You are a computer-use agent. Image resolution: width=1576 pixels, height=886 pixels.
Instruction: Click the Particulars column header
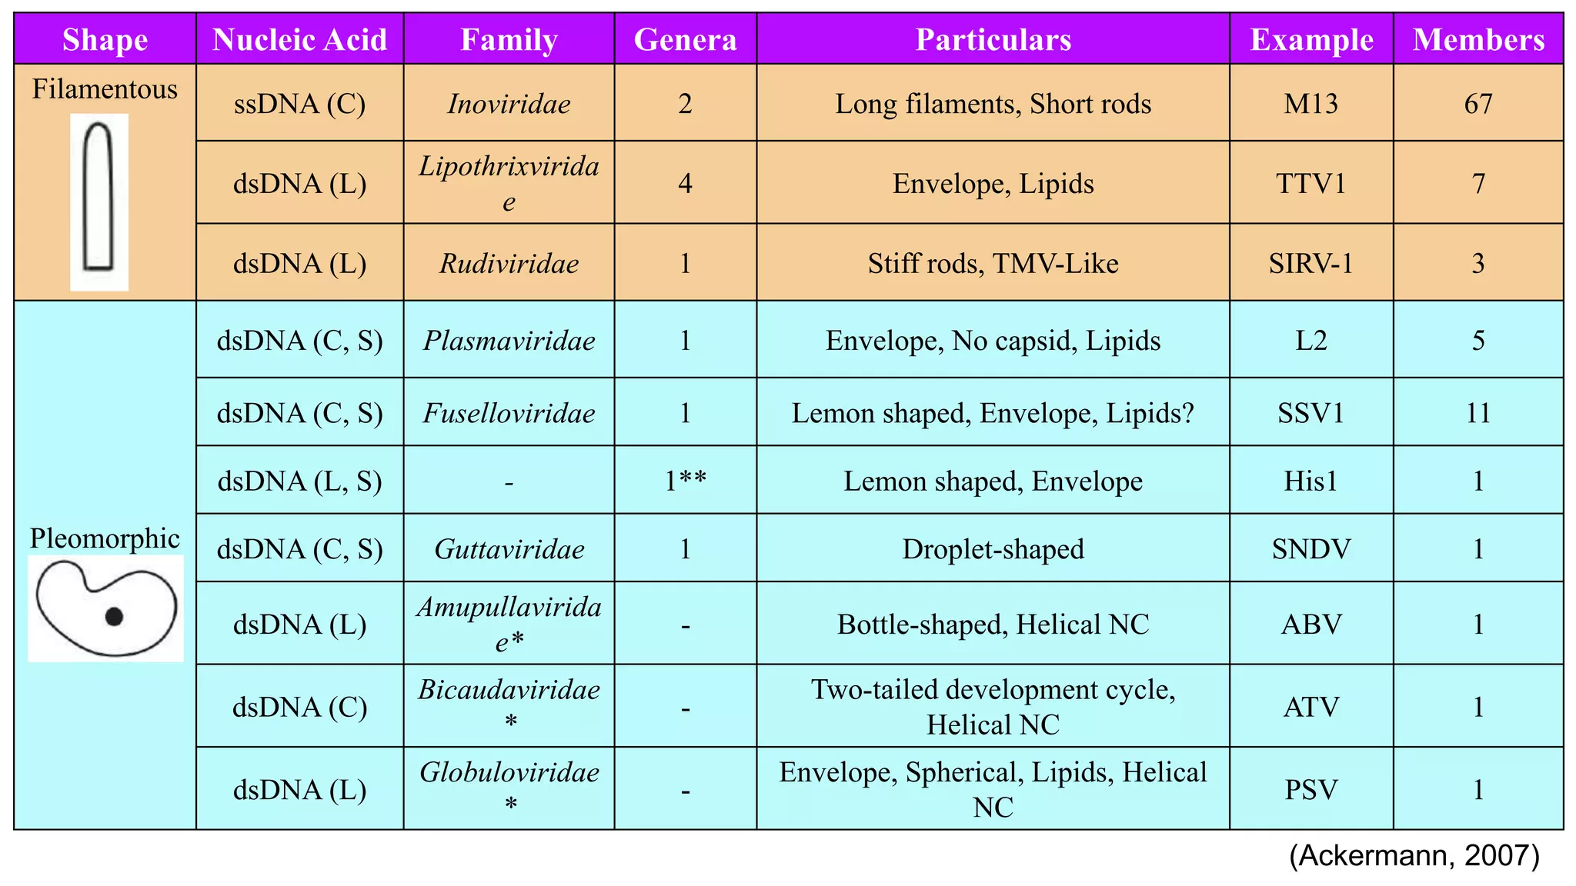click(993, 39)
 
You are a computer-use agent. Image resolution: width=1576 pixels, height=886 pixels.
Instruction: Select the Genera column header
click(685, 39)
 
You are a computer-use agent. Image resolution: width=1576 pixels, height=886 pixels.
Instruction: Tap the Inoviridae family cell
click(509, 104)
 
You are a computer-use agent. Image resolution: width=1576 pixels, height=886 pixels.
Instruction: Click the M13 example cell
click(1311, 104)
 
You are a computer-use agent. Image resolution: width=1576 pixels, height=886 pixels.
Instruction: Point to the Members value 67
click(1477, 104)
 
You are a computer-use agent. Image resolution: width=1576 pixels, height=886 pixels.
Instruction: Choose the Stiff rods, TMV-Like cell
click(993, 264)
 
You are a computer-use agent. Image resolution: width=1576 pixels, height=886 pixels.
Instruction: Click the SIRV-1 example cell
click(1311, 264)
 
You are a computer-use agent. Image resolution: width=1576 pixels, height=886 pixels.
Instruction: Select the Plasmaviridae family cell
click(509, 341)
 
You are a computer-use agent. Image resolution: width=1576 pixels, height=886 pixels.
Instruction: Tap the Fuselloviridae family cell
click(509, 413)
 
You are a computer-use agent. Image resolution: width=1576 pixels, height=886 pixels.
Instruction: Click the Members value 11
click(1477, 413)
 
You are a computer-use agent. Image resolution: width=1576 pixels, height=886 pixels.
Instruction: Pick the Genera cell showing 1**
click(685, 481)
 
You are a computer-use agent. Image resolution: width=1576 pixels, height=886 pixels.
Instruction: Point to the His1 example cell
click(1311, 481)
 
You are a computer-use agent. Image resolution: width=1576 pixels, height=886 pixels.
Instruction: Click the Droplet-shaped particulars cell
click(993, 549)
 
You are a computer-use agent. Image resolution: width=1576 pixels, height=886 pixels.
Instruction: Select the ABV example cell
click(1311, 624)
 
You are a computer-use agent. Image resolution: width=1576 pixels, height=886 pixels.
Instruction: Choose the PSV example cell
click(1311, 790)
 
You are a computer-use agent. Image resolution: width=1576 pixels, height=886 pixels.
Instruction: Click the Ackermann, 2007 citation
click(1414, 855)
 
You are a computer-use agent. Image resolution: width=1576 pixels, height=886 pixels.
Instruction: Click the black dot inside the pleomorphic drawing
click(114, 616)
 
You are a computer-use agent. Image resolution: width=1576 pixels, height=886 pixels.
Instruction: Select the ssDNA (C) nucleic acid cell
click(299, 104)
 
